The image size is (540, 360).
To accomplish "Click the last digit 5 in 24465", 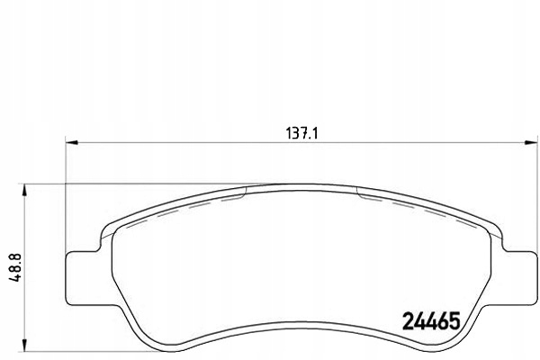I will tap(454, 319).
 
